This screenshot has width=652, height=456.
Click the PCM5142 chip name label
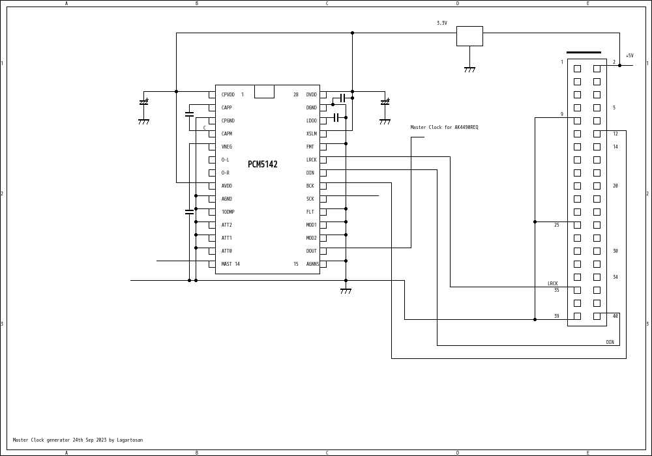click(x=262, y=165)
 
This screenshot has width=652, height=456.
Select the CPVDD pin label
click(x=228, y=95)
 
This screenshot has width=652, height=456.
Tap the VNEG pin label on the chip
click(x=226, y=147)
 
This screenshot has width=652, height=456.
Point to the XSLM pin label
click(x=311, y=134)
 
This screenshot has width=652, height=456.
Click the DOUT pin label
click(x=311, y=251)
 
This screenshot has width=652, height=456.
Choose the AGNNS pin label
click(x=312, y=264)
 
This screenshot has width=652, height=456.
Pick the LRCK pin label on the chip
click(x=311, y=160)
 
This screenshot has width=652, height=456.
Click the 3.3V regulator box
click(x=469, y=36)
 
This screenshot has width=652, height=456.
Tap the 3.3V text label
click(x=442, y=23)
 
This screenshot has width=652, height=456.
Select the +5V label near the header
click(x=629, y=56)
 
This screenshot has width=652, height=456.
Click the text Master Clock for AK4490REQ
click(x=444, y=128)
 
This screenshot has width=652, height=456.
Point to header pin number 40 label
click(x=615, y=317)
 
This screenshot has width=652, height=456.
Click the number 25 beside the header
click(x=556, y=225)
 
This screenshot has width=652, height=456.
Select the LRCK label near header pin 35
click(x=552, y=284)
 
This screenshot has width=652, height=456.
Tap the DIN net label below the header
click(x=610, y=343)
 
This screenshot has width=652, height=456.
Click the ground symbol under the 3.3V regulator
click(x=469, y=69)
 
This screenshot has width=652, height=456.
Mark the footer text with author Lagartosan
click(x=78, y=440)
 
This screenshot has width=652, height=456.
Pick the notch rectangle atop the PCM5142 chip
click(x=264, y=91)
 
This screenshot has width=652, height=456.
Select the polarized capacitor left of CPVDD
click(x=143, y=102)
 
